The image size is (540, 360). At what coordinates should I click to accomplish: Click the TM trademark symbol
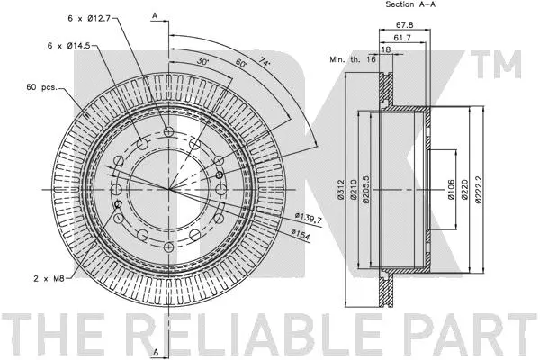pos(504,63)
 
